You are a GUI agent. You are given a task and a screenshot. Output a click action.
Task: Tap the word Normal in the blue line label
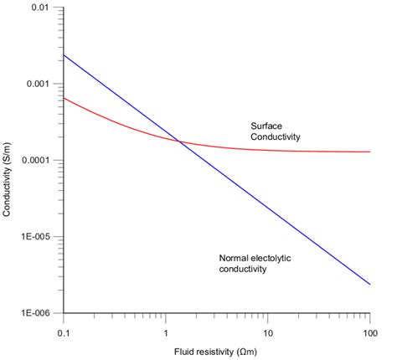[x=233, y=258]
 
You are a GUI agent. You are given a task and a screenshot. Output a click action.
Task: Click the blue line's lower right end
[x=369, y=284]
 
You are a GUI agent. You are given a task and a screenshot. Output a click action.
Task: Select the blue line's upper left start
[x=65, y=55]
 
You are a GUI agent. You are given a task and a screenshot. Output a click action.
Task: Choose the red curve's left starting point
[x=65, y=98]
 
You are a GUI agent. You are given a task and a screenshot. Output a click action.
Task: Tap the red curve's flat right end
[x=369, y=152]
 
